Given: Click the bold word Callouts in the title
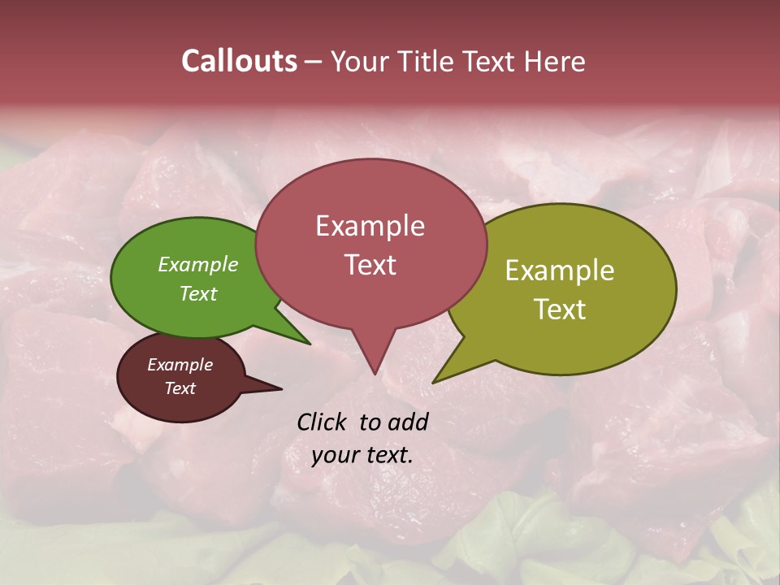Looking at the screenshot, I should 239,61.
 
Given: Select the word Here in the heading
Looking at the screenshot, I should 556,61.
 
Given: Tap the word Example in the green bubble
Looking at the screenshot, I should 198,264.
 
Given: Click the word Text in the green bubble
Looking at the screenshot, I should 198,293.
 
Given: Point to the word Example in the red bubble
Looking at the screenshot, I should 370,226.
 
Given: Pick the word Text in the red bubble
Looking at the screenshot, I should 370,265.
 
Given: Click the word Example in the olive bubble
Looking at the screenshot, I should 560,271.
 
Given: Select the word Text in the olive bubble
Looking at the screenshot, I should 560,310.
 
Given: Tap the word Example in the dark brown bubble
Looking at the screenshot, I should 180,365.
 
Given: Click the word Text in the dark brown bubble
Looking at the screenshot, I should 180,388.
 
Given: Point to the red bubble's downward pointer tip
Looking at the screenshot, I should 374,374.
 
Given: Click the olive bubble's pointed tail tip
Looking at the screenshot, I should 433,382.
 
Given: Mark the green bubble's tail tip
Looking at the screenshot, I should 310,344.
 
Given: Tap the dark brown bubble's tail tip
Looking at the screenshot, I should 281,388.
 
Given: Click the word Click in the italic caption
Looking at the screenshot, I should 323,422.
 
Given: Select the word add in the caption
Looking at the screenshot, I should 409,422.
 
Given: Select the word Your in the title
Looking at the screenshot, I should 362,61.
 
